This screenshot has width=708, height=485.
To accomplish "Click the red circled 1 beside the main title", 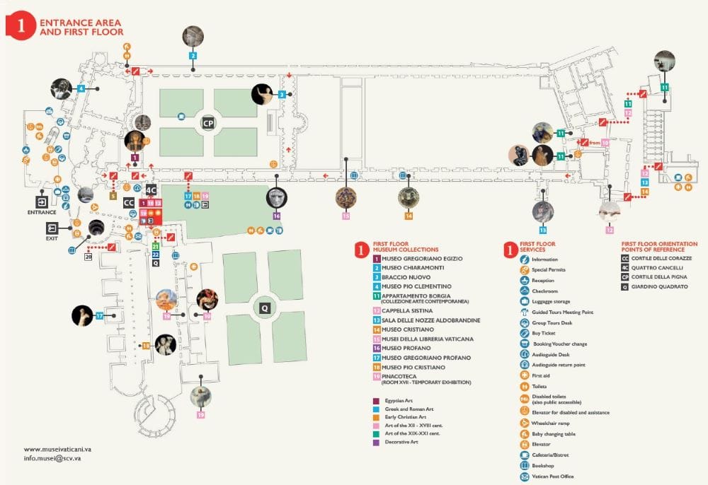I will coord(21,26).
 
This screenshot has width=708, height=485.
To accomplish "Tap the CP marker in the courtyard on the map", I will coord(207,122).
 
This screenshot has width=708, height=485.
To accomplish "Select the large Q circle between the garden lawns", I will coord(264,308).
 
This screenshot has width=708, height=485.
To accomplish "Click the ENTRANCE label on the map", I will coord(41,212).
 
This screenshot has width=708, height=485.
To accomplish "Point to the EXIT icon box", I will coord(52,228).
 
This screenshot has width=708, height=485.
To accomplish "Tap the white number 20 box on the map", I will coord(88,257).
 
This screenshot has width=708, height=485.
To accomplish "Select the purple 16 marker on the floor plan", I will coord(276,216).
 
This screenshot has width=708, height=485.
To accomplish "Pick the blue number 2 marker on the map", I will coord(193,55).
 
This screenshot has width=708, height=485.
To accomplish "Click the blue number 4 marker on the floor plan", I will coord(81,88).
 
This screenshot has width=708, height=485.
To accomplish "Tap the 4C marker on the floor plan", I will coord(150,189).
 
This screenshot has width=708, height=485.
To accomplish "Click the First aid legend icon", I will coord(524,375).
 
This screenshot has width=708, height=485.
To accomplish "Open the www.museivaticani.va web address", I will coord(55,449).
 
